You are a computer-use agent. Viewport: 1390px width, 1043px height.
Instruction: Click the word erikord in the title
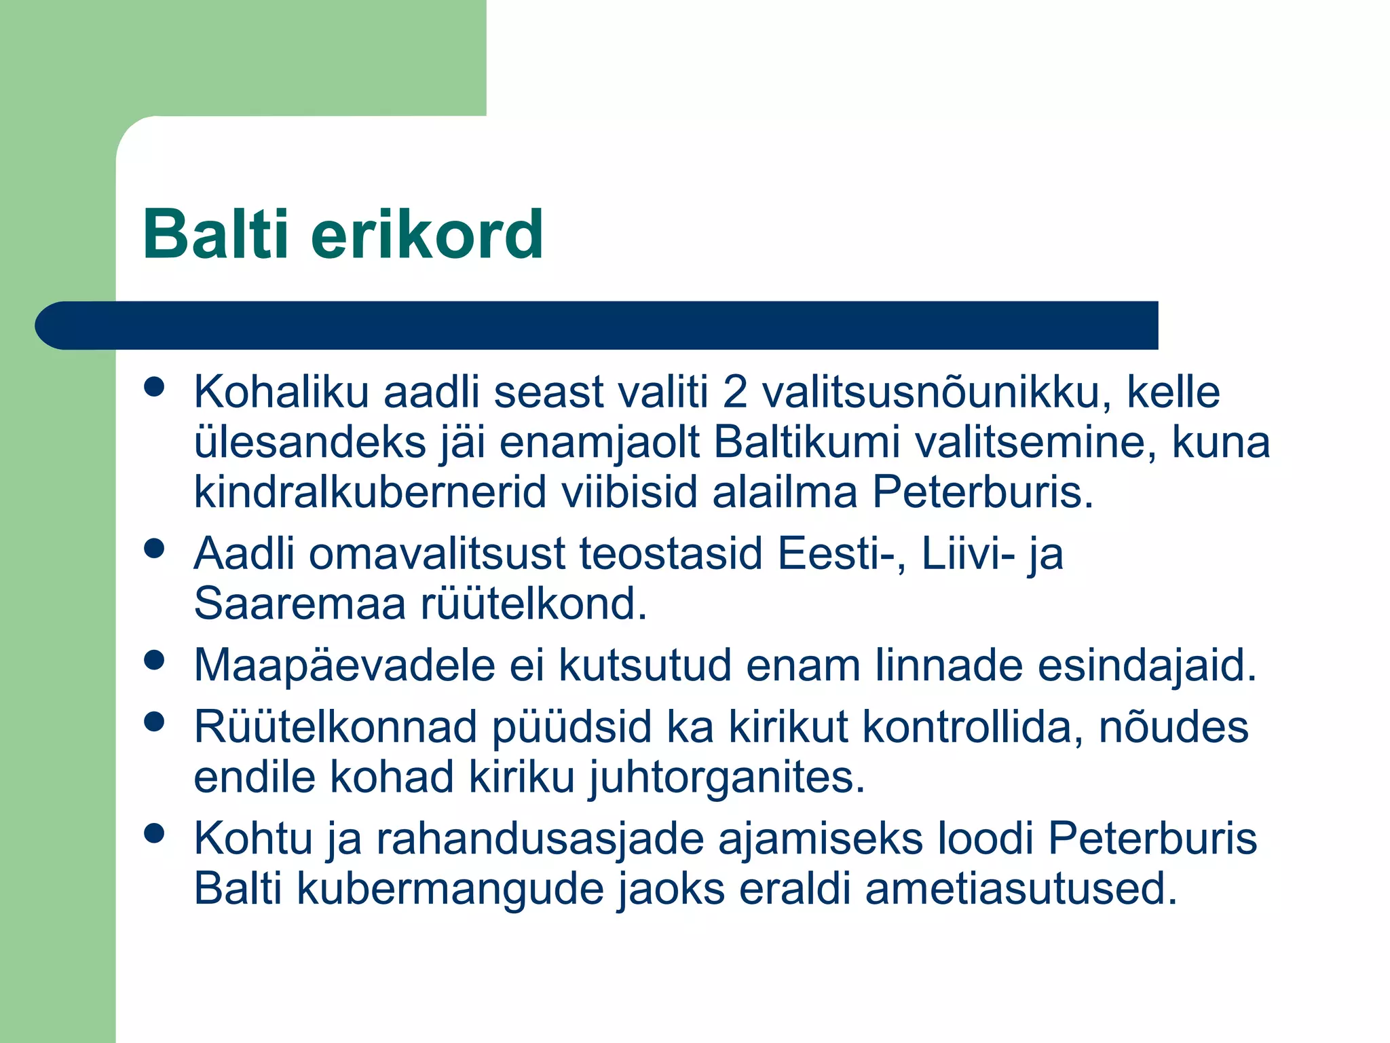point(427,234)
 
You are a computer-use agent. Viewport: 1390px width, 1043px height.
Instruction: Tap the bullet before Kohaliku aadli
point(155,386)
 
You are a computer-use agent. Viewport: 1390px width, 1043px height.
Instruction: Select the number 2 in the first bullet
point(734,393)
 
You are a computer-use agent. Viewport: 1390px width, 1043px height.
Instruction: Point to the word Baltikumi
point(806,443)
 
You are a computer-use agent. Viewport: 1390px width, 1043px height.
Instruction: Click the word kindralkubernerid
point(370,492)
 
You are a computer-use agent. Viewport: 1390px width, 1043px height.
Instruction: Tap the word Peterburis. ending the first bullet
point(983,492)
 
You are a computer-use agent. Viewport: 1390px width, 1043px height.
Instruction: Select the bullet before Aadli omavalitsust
point(155,548)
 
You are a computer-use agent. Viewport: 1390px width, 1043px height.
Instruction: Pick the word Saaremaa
point(299,604)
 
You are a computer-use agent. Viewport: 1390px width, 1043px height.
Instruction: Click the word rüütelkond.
point(533,604)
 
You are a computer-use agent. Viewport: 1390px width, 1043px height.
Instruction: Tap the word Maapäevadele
point(344,665)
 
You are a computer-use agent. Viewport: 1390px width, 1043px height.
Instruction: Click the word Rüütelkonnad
point(335,727)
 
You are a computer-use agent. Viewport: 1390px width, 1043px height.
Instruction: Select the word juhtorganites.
point(726,777)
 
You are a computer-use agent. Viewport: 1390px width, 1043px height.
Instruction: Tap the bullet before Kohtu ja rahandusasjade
point(155,833)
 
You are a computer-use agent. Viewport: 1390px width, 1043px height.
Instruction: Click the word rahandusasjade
point(540,839)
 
